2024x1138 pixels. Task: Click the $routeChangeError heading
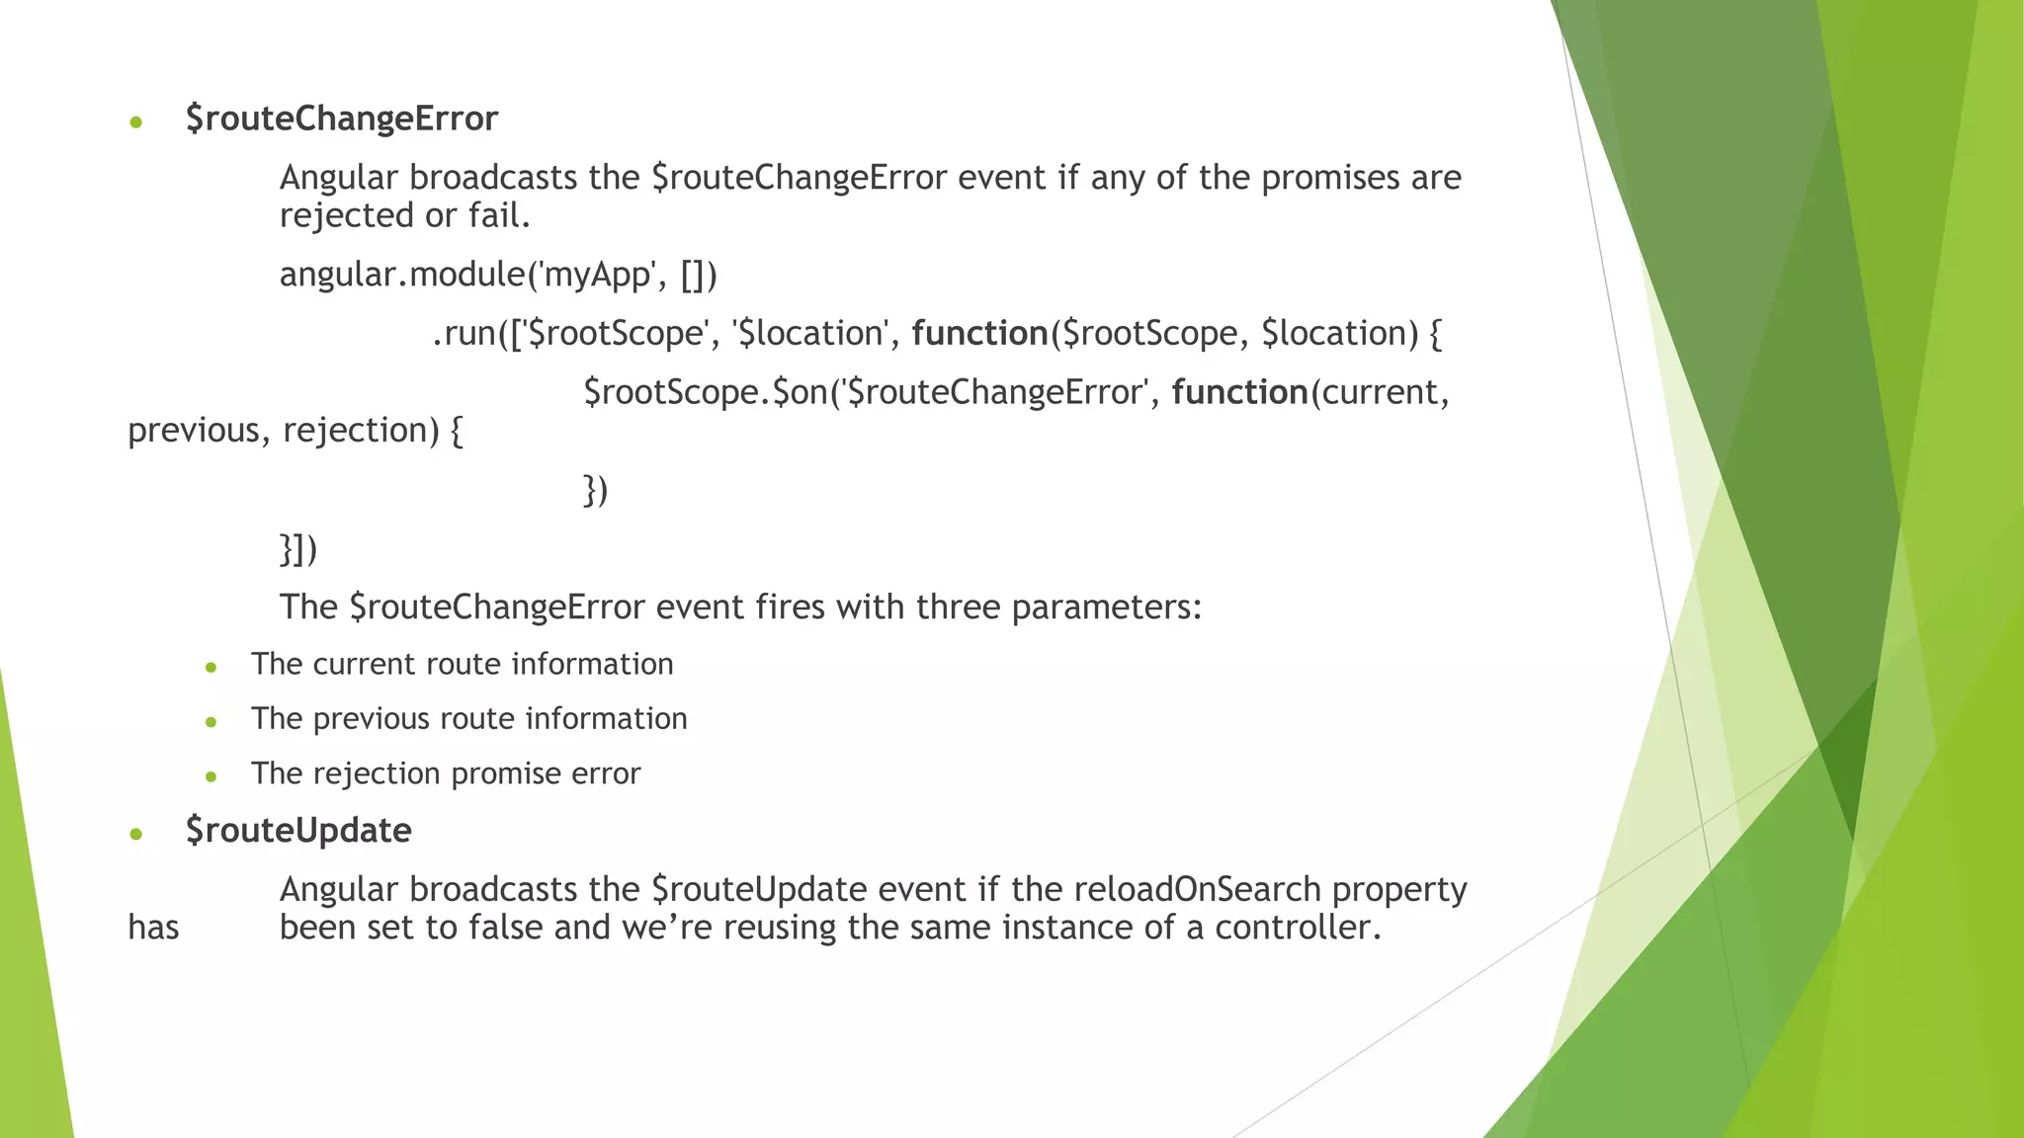coord(341,119)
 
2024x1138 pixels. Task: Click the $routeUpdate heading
coord(298,831)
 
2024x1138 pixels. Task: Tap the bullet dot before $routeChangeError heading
coord(136,122)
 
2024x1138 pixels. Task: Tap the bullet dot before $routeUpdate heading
coord(136,835)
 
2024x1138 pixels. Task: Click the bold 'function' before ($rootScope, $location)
coord(978,334)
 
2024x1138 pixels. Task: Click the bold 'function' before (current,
coord(1239,393)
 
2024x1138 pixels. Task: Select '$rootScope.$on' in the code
coord(705,393)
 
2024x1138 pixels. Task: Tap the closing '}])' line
coord(298,549)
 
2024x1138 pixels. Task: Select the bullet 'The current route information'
coord(462,664)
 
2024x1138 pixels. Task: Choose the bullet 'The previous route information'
coord(468,718)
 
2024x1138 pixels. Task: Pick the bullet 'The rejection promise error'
coord(445,773)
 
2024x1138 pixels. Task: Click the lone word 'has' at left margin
coord(153,928)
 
